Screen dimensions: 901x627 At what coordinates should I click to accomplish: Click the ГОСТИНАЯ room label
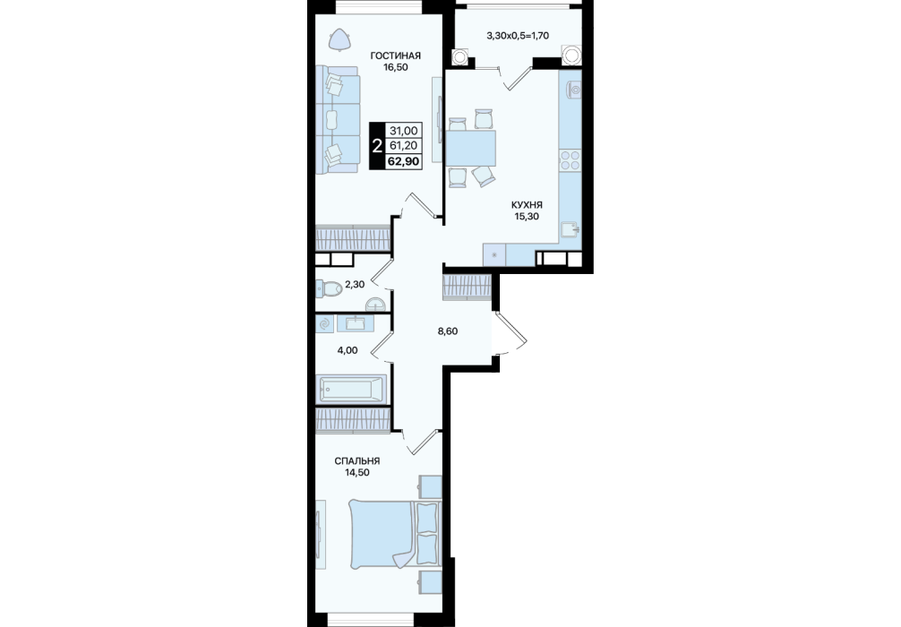coord(395,56)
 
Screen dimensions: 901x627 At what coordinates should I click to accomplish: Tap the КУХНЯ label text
coord(527,204)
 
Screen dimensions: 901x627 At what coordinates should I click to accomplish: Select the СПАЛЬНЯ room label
coord(356,461)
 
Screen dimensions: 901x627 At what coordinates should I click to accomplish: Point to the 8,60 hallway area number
coord(448,331)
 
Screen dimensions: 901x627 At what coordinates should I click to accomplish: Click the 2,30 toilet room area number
coord(355,284)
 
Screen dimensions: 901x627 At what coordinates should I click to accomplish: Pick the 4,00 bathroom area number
coord(348,350)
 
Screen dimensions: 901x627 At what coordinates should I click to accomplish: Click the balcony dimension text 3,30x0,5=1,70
coord(518,36)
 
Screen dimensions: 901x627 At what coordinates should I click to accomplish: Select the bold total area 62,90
coord(403,161)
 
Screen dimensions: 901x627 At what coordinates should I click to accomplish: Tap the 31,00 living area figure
coord(403,131)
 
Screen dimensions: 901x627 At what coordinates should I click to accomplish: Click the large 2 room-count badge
coord(377,146)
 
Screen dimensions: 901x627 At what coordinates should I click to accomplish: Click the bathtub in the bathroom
coord(350,389)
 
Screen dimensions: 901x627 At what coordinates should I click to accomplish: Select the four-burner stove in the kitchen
coord(570,159)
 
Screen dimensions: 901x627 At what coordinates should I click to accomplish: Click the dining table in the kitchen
coord(470,148)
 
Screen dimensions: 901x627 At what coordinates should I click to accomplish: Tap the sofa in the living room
coord(338,119)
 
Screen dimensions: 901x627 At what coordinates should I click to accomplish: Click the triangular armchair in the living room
coord(339,39)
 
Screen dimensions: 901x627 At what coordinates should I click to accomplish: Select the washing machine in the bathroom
coord(324,324)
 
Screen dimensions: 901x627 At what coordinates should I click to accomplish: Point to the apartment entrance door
coord(509,334)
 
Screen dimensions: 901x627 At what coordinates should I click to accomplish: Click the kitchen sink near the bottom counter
coord(571,230)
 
